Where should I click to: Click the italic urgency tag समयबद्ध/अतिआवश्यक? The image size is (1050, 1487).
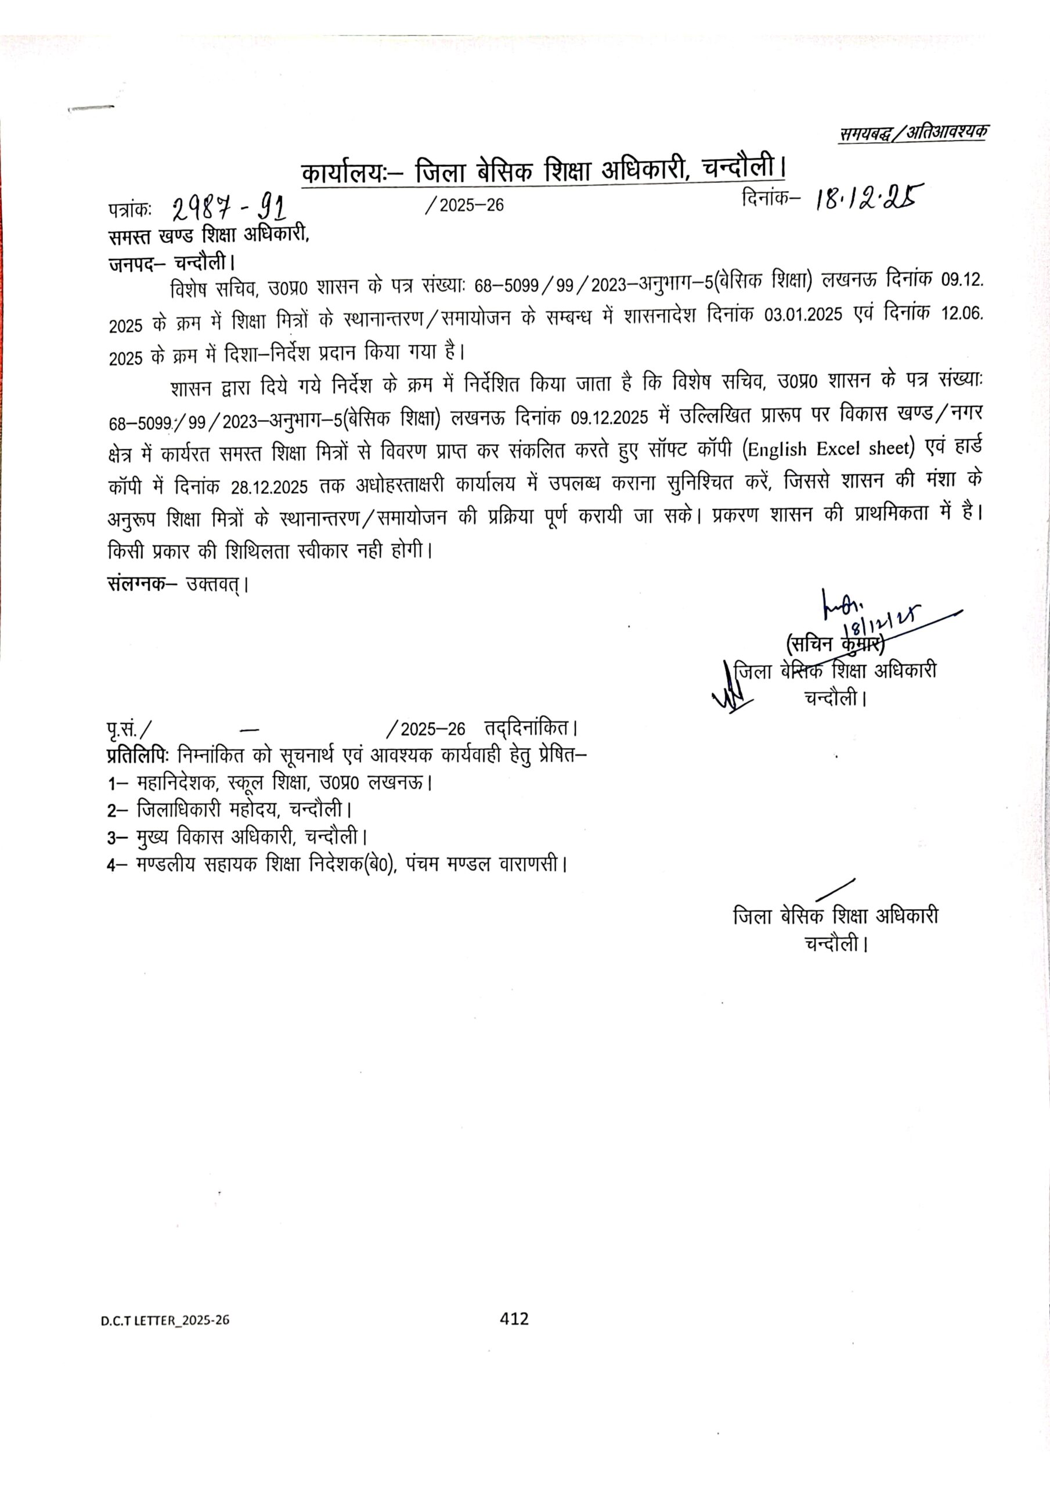(914, 134)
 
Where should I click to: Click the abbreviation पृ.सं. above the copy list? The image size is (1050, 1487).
(122, 728)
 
